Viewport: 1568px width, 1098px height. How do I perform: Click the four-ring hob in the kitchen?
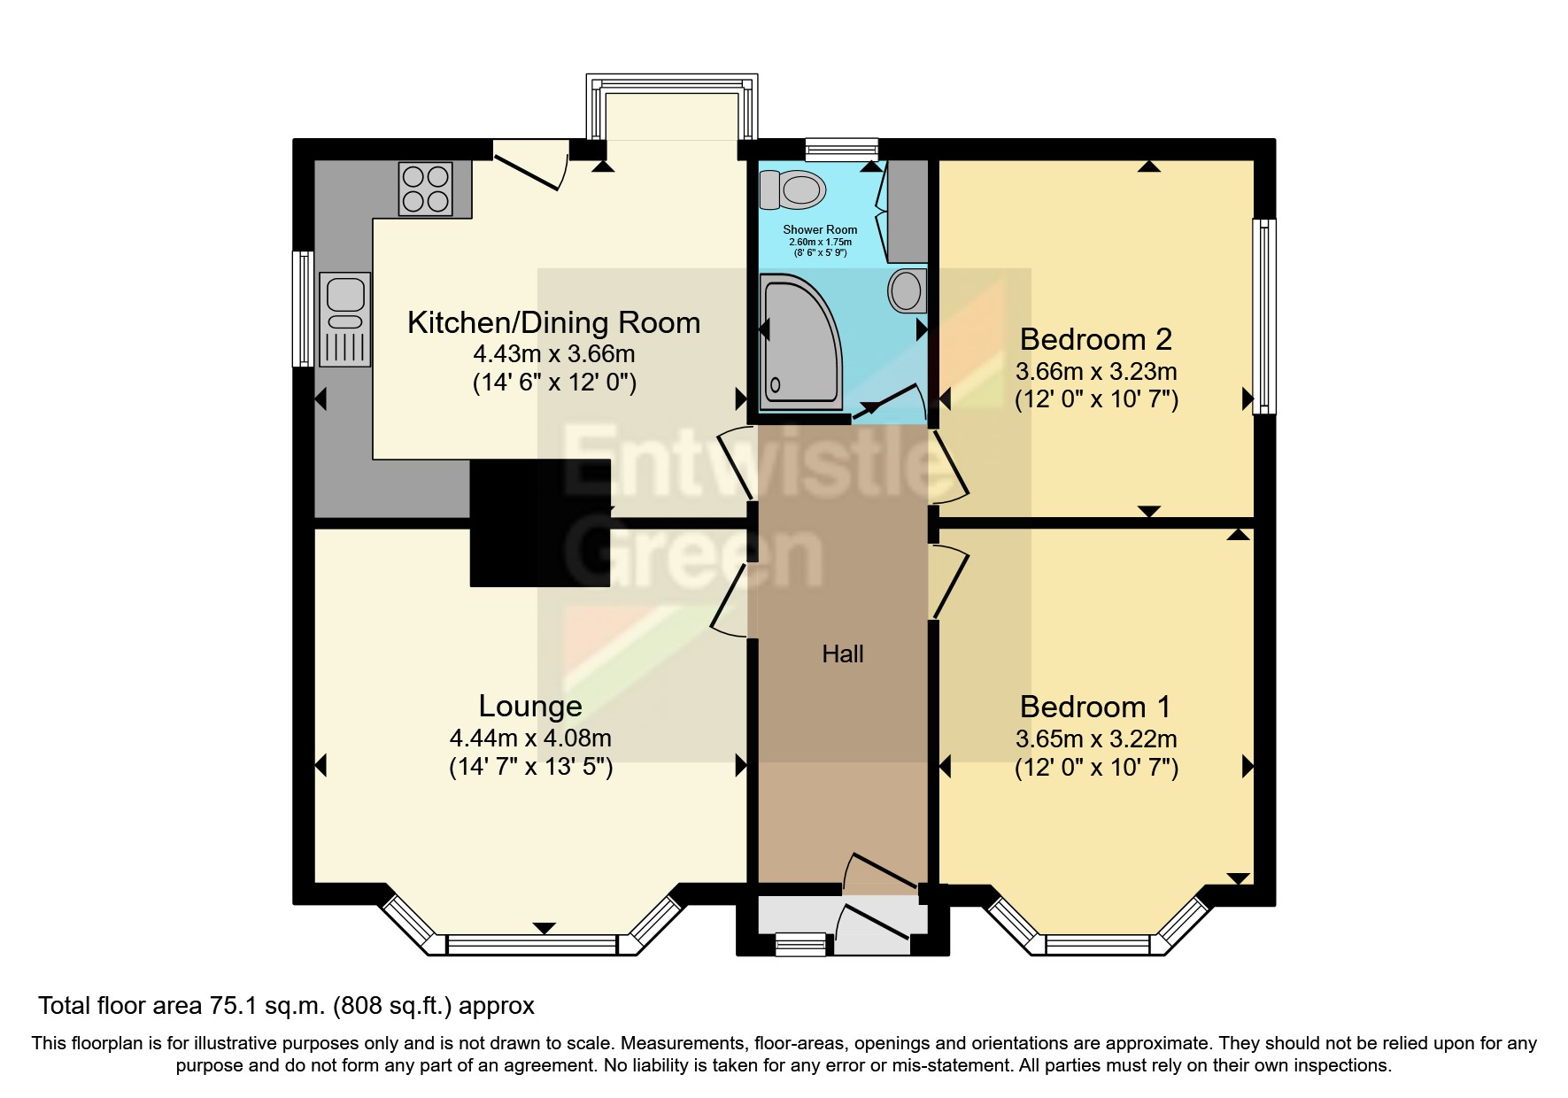click(x=425, y=189)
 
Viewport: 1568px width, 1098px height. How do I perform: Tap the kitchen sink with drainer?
click(x=345, y=319)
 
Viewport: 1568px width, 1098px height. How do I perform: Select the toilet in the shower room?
click(x=793, y=189)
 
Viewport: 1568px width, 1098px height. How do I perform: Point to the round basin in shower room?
click(x=905, y=290)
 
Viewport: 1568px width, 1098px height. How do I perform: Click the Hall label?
click(x=842, y=654)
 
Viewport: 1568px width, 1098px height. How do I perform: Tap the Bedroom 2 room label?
click(x=1095, y=339)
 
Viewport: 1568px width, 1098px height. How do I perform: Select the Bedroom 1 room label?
click(x=1095, y=707)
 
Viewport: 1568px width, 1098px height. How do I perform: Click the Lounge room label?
click(x=530, y=706)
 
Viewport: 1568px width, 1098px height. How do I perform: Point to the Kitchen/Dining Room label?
click(x=553, y=322)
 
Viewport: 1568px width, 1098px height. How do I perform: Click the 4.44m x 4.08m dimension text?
click(x=530, y=738)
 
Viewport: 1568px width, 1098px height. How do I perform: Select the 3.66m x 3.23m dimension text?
click(x=1096, y=371)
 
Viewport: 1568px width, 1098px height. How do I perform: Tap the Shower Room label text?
click(x=820, y=229)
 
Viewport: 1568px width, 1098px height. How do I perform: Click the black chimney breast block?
click(x=539, y=522)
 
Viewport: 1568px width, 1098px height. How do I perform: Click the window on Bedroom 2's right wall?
click(x=1264, y=316)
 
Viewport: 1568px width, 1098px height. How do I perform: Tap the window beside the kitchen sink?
click(x=304, y=309)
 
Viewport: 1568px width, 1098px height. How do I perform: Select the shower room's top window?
click(x=841, y=149)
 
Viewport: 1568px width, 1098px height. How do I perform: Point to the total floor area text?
click(x=286, y=1006)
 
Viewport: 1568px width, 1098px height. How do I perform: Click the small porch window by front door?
click(x=799, y=946)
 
